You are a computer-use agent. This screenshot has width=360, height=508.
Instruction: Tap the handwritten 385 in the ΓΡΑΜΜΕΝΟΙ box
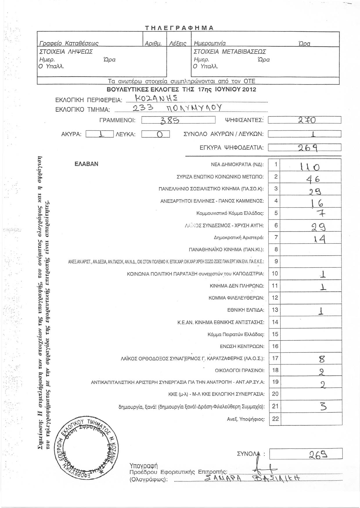click(170, 120)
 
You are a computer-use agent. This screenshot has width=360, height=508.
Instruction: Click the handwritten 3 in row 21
click(322, 407)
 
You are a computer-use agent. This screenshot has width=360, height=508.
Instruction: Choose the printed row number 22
click(275, 419)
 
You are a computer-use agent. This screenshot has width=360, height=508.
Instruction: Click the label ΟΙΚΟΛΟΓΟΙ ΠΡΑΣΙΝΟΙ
click(240, 370)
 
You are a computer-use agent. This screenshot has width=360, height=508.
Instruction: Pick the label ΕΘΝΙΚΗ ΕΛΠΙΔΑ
click(246, 310)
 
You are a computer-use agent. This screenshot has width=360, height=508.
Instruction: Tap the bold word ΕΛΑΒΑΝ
click(87, 164)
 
